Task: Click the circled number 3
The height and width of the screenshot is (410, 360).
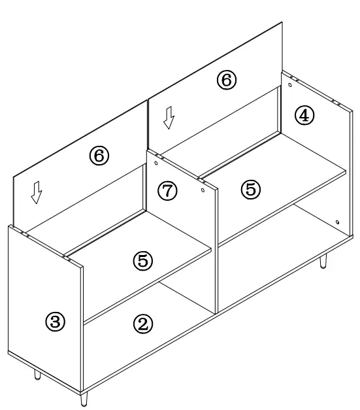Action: tap(56, 321)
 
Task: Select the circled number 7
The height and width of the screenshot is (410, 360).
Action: tap(168, 191)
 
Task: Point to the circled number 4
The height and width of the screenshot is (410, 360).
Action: tap(304, 116)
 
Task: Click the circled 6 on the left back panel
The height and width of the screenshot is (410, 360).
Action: tap(99, 156)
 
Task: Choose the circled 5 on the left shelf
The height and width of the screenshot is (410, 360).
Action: tap(143, 261)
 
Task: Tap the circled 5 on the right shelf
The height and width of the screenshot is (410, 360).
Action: tap(250, 189)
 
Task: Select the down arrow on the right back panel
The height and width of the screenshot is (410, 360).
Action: tap(169, 118)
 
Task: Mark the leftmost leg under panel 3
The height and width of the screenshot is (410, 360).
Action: tap(37, 374)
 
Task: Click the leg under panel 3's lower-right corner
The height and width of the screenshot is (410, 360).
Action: tap(84, 397)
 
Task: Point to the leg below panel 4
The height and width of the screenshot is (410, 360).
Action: tap(323, 262)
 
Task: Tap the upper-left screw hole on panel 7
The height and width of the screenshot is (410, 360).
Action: tap(157, 156)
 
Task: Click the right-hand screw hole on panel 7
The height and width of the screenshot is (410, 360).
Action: tap(203, 190)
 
